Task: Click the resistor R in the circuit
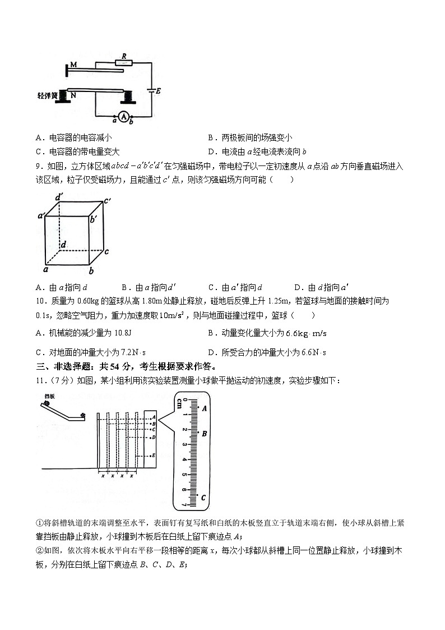tap(124, 62)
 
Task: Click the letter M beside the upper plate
tap(73, 66)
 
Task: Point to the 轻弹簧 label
tap(48, 96)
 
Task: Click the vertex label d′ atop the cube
tap(58, 197)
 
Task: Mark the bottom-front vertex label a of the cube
tap(44, 270)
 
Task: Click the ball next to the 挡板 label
tap(47, 403)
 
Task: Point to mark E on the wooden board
tap(154, 456)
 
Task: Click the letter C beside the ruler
tap(203, 497)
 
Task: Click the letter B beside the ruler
tap(205, 434)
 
